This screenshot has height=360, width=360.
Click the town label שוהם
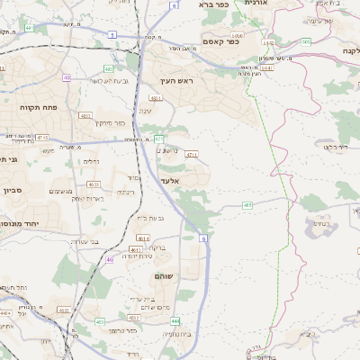tap(164, 274)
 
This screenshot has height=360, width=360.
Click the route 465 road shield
tap(247, 205)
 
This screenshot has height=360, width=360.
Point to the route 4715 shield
tap(41, 137)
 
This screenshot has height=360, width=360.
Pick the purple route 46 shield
tap(109, 259)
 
